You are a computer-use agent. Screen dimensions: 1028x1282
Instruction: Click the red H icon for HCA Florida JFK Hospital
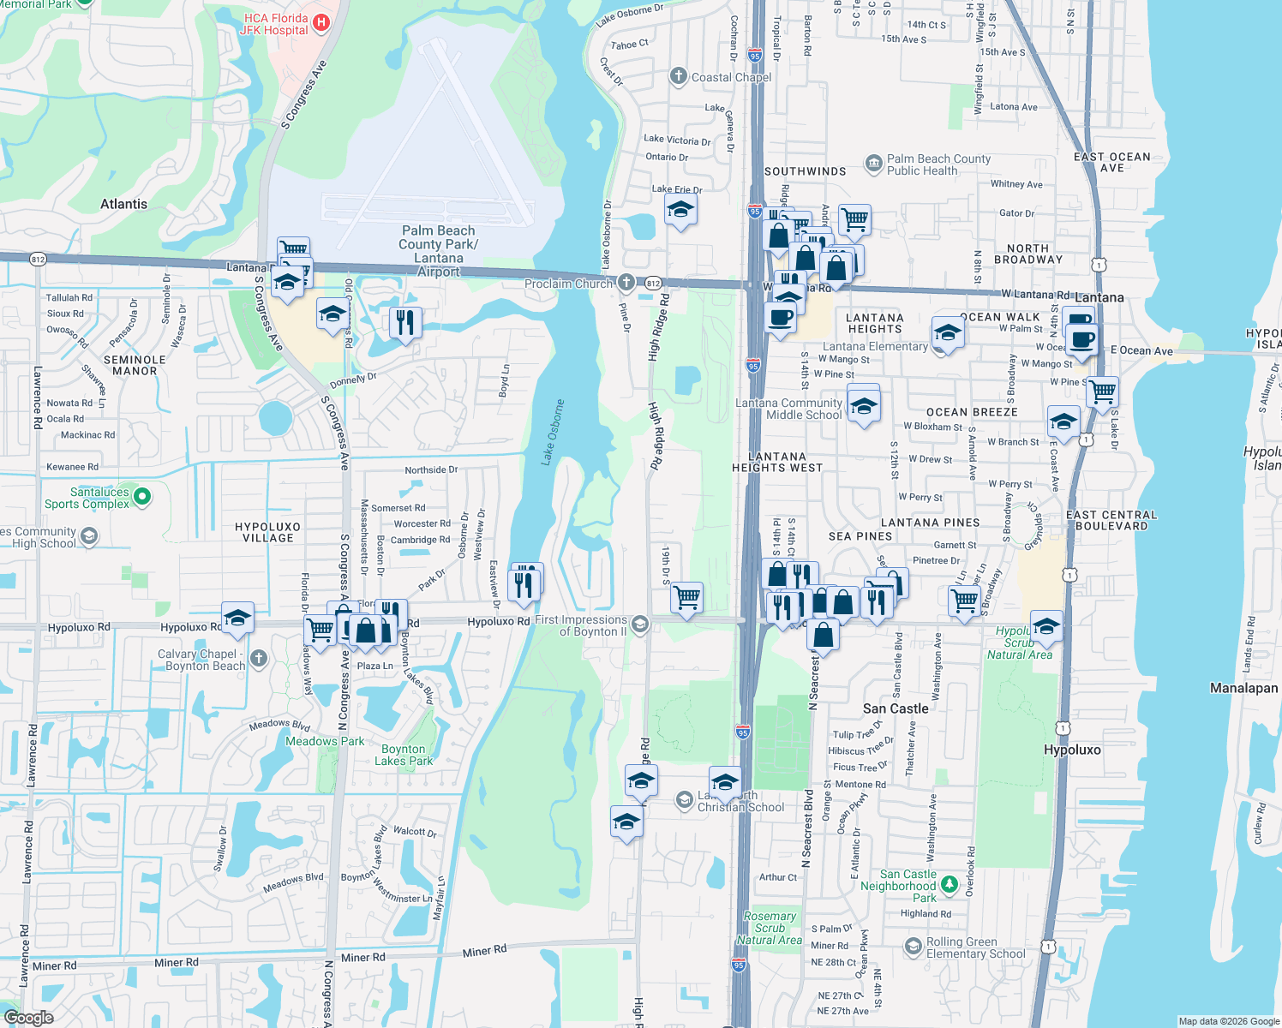click(x=321, y=22)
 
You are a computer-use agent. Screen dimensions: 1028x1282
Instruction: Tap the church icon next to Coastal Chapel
click(x=679, y=76)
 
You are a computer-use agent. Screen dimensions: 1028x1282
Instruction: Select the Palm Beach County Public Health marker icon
click(x=873, y=164)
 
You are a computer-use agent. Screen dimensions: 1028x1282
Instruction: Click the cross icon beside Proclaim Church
click(x=626, y=283)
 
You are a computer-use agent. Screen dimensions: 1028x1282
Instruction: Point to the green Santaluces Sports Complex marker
click(x=142, y=496)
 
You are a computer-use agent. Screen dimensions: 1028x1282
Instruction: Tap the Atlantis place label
click(x=123, y=204)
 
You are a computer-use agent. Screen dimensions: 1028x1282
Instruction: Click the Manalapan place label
click(x=1243, y=688)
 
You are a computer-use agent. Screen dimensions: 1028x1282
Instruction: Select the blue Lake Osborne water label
click(x=553, y=433)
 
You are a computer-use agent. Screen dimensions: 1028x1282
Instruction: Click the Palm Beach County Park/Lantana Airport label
click(x=438, y=250)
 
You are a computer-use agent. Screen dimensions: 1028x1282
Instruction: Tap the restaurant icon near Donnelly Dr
click(x=404, y=323)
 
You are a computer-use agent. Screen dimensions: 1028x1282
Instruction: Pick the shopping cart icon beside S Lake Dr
click(x=1102, y=391)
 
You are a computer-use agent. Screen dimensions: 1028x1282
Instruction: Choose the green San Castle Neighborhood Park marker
click(x=949, y=883)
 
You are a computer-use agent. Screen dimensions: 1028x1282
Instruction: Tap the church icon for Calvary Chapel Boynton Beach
click(x=259, y=659)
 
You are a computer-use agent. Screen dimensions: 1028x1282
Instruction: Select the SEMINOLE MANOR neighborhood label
click(x=135, y=365)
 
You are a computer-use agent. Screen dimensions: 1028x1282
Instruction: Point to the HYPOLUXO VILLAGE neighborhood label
click(x=267, y=532)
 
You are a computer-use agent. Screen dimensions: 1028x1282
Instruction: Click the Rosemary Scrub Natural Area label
click(x=770, y=928)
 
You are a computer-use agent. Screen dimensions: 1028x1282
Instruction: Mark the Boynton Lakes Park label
click(x=404, y=755)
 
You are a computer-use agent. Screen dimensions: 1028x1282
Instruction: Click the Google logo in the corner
click(x=29, y=1017)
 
